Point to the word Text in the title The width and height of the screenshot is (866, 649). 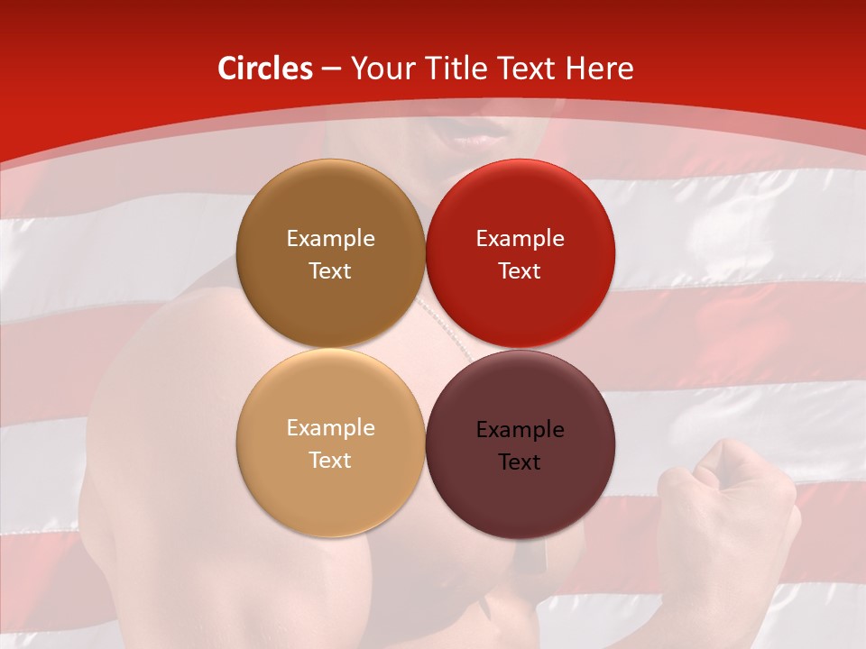pyautogui.click(x=529, y=69)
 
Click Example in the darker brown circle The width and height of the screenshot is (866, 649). pyautogui.click(x=330, y=239)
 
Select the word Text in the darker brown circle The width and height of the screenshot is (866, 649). pyautogui.click(x=330, y=271)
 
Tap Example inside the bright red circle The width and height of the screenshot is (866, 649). pyautogui.click(x=520, y=239)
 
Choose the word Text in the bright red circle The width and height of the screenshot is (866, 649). pyautogui.click(x=520, y=271)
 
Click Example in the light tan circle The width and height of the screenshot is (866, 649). pyautogui.click(x=330, y=428)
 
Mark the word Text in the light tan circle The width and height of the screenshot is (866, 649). pyautogui.click(x=330, y=461)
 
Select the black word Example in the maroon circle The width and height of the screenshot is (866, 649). pyautogui.click(x=520, y=430)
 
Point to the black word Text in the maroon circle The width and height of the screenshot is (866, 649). pyautogui.click(x=520, y=462)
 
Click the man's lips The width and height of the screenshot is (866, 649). pyautogui.click(x=481, y=136)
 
